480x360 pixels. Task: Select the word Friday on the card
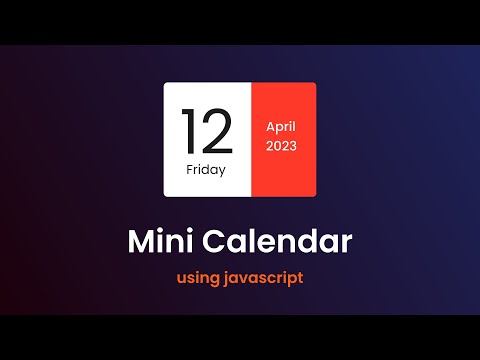click(x=206, y=169)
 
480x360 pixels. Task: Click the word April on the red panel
click(x=284, y=128)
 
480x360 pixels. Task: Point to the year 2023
click(x=284, y=146)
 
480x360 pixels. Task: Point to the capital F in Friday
click(x=190, y=169)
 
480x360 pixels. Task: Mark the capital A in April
click(x=270, y=128)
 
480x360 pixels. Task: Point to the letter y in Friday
click(x=222, y=171)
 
